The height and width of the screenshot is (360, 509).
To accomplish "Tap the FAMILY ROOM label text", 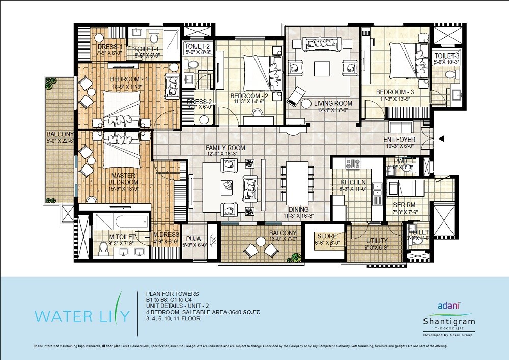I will coord(225,148).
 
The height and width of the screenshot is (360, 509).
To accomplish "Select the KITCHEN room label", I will coord(353,182).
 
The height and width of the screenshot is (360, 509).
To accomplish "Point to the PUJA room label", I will coord(194,237).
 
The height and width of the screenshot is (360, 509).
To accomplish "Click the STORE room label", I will coord(327,236).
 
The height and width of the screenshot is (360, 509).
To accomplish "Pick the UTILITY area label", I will coord(377,241).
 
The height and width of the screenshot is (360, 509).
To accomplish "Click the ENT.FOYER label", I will coord(400,140).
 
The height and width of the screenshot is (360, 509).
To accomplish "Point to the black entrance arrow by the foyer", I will coord(441,138).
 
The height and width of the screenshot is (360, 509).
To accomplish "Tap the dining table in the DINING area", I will coord(297,183).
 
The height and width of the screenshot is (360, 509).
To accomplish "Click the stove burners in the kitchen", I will coord(353,163).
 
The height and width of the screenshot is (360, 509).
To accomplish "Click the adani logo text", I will coord(449,306).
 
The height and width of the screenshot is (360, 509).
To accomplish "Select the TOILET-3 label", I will coord(447,56).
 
